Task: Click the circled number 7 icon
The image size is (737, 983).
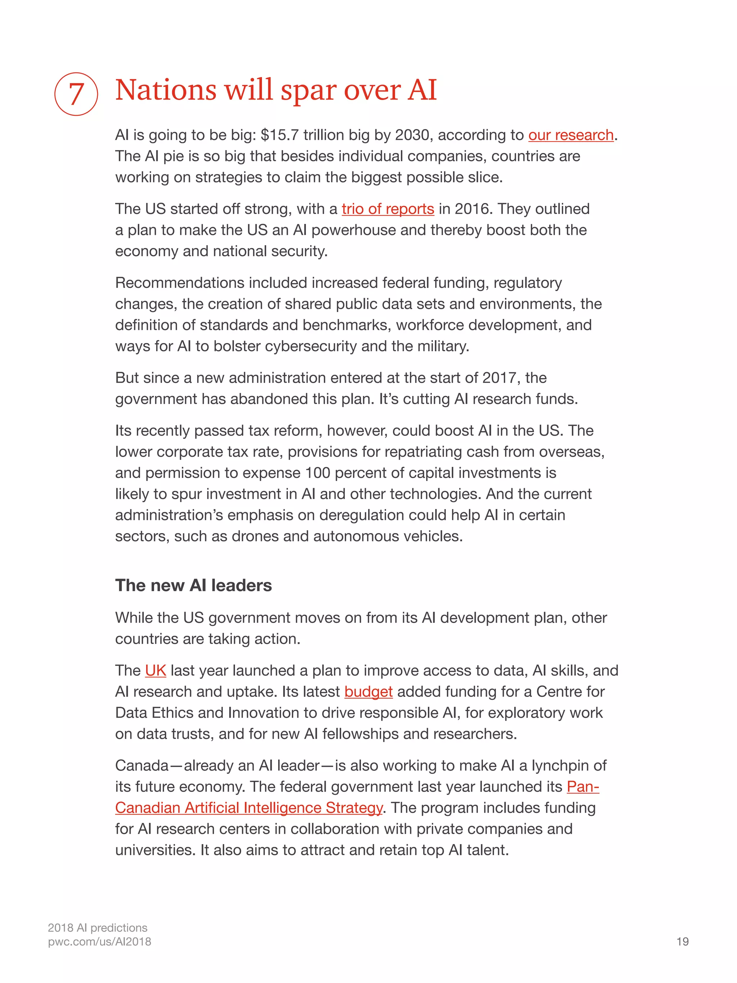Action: (76, 94)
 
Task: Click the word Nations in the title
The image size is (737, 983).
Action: (165, 90)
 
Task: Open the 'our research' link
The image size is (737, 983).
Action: (570, 135)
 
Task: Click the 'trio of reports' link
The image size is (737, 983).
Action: (387, 209)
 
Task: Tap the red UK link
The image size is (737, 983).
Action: (155, 671)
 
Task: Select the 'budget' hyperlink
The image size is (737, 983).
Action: (368, 692)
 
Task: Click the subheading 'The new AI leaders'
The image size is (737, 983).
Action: (193, 586)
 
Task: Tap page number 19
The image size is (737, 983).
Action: (682, 942)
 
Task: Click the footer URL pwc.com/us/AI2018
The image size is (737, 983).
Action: (100, 942)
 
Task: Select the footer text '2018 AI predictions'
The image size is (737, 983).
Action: (97, 928)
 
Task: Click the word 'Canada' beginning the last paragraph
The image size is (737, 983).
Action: (142, 766)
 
